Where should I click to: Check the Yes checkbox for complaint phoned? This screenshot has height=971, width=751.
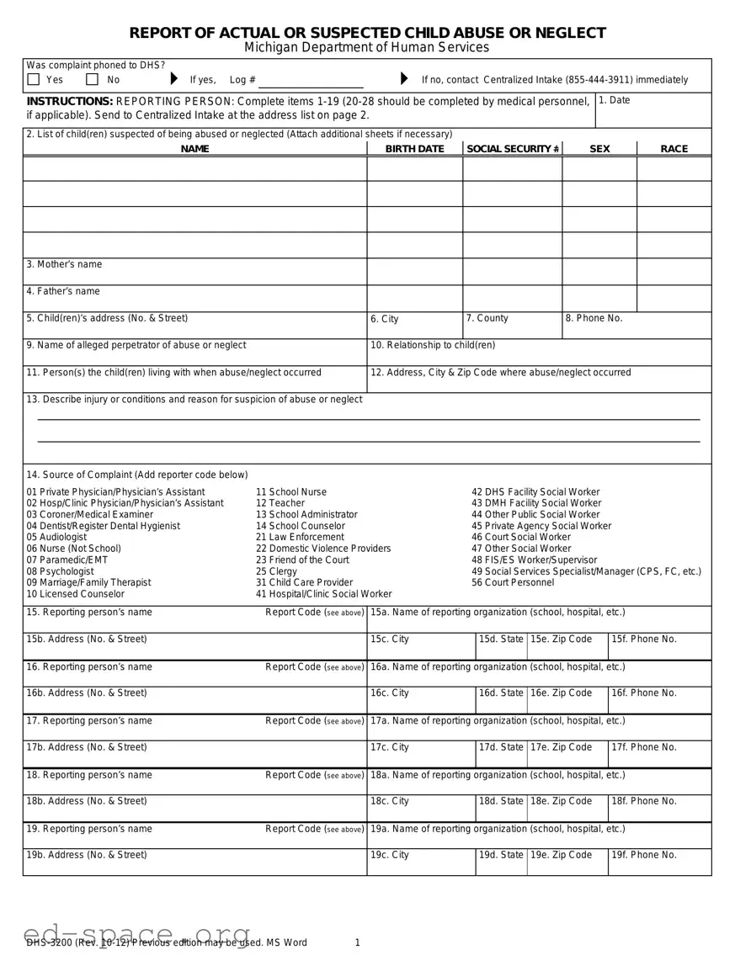pyautogui.click(x=34, y=80)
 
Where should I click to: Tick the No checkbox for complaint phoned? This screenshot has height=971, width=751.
pyautogui.click(x=93, y=80)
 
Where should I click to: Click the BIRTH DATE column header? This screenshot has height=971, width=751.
pyautogui.click(x=414, y=149)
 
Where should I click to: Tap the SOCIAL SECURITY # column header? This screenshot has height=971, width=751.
pyautogui.click(x=513, y=149)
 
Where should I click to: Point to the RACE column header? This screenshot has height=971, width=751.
pyautogui.click(x=674, y=149)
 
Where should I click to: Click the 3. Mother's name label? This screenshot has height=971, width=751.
pyautogui.click(x=64, y=264)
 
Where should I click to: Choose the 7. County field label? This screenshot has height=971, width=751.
pyautogui.click(x=487, y=318)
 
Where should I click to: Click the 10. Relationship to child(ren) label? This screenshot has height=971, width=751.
pyautogui.click(x=433, y=345)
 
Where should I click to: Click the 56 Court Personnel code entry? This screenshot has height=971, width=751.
pyautogui.click(x=513, y=582)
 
